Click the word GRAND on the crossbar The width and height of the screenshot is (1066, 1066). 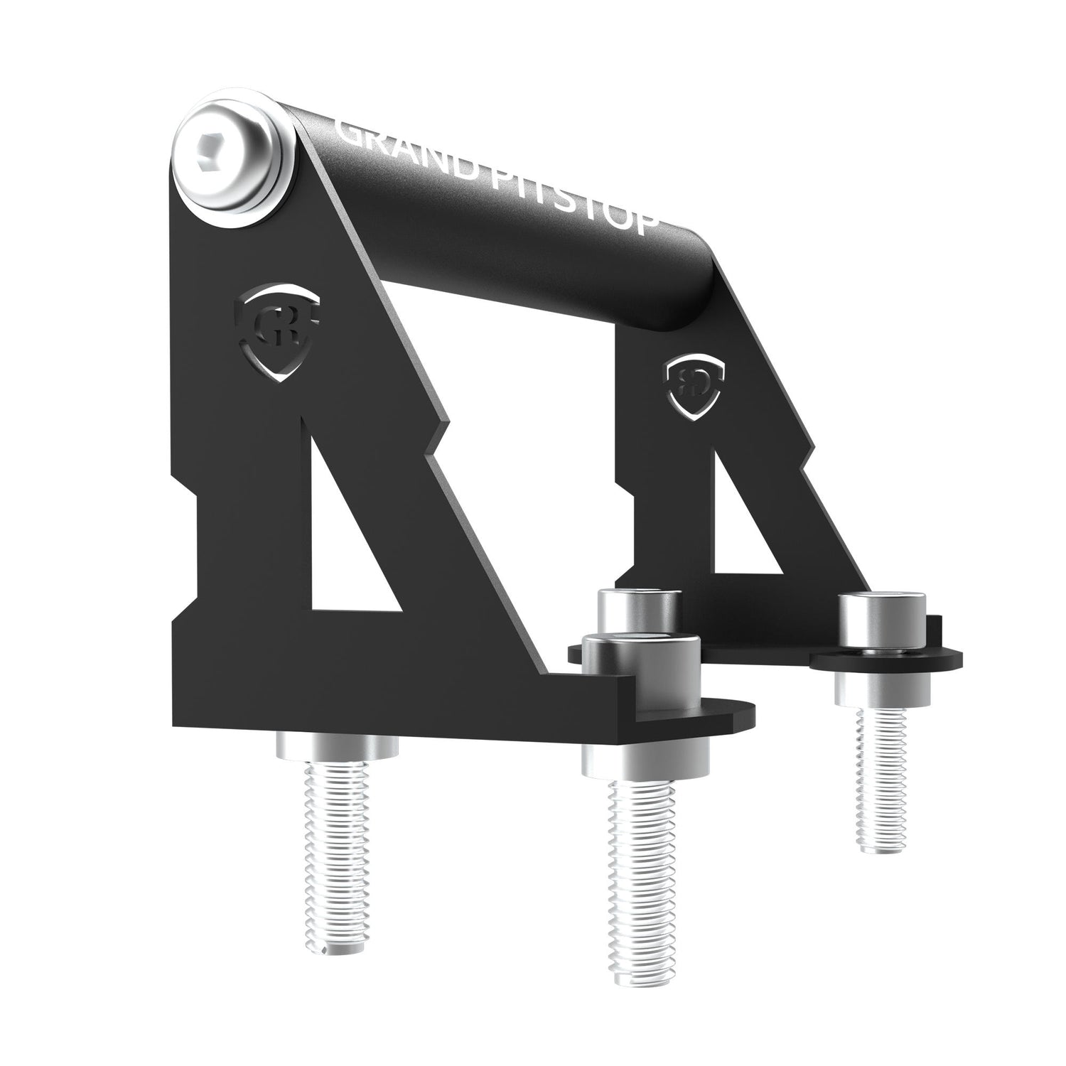pyautogui.click(x=398, y=146)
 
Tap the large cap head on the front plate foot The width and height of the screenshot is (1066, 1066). pyautogui.click(x=641, y=661)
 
